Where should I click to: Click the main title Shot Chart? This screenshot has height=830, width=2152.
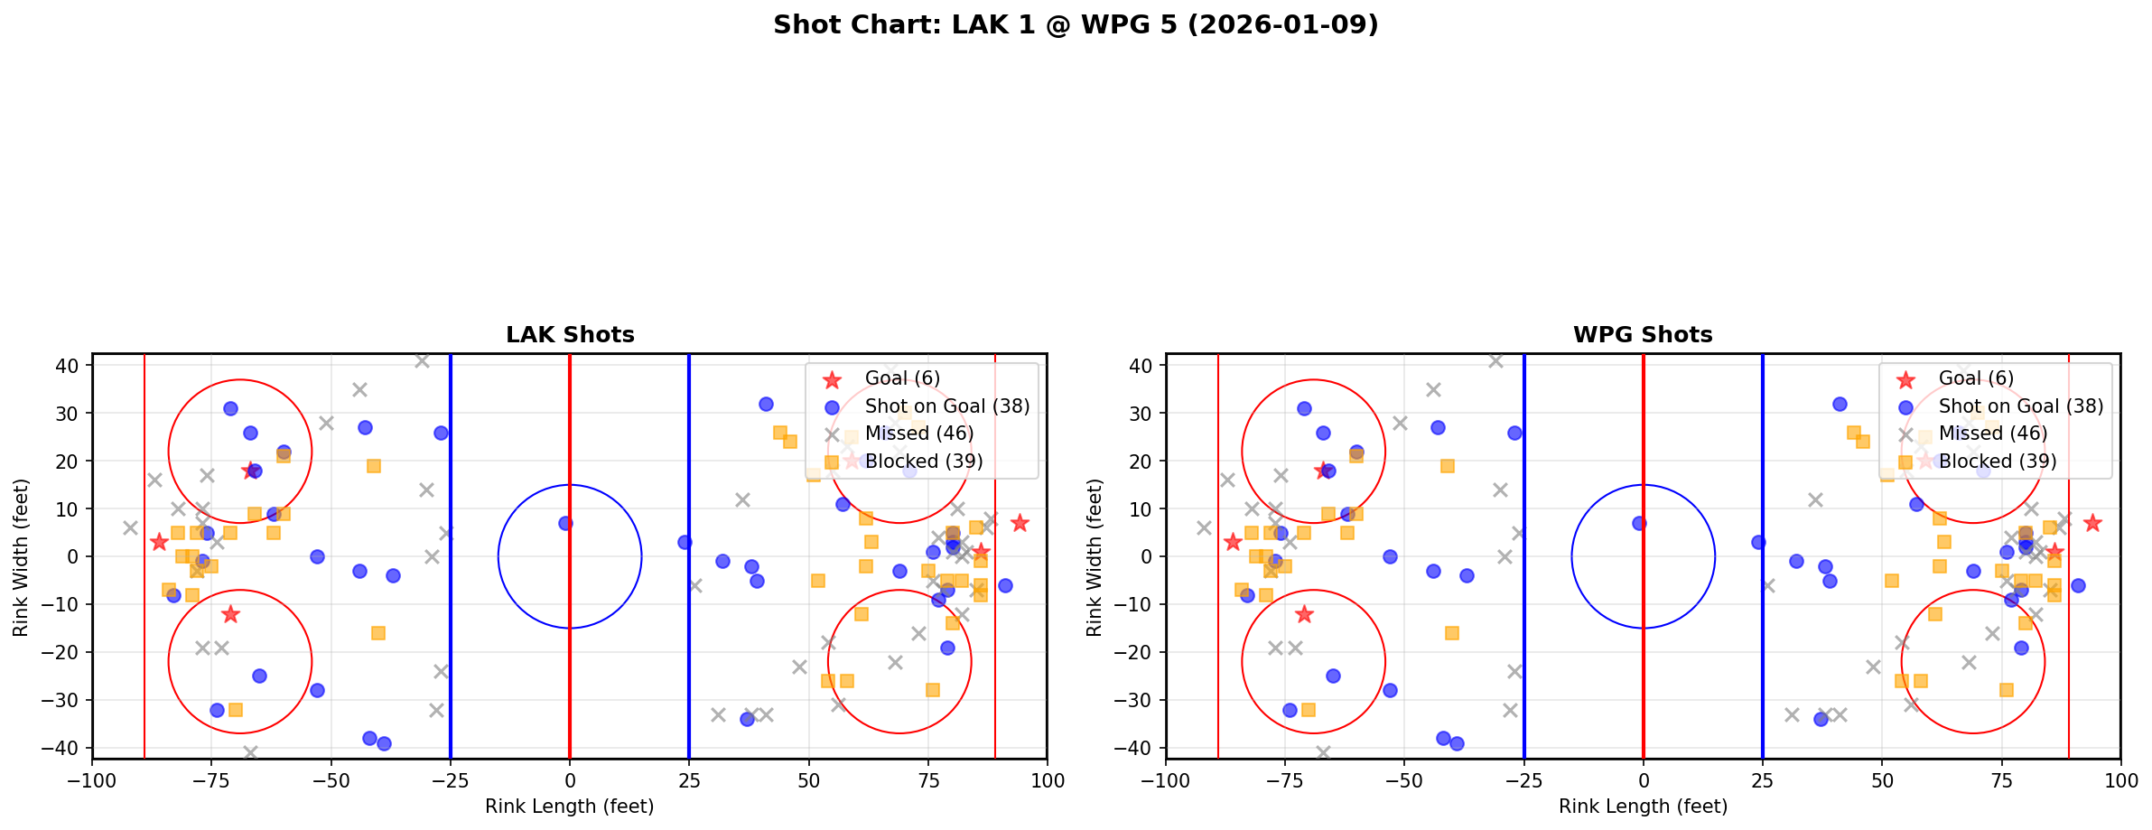coord(1076,24)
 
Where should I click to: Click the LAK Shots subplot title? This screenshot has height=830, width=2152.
coord(570,335)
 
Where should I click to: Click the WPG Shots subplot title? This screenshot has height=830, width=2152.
coord(1643,335)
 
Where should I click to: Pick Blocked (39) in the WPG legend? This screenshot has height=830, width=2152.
coord(1998,462)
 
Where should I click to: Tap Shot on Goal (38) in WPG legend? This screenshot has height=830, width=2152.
coord(2020,406)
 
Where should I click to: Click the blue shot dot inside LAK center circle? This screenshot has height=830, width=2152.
coord(565,523)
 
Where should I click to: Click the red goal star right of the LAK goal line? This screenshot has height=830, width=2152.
coord(1020,523)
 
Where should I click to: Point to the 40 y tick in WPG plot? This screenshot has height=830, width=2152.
coord(1141,366)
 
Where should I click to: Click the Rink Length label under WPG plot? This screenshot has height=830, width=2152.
coord(1643,807)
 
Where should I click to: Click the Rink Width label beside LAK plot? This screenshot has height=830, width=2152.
coord(21,556)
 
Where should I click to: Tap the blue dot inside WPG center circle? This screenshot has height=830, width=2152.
coord(1639,523)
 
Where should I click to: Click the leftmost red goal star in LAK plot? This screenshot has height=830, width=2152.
coord(159,542)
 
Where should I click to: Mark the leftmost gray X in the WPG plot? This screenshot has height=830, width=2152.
coord(1204,527)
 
